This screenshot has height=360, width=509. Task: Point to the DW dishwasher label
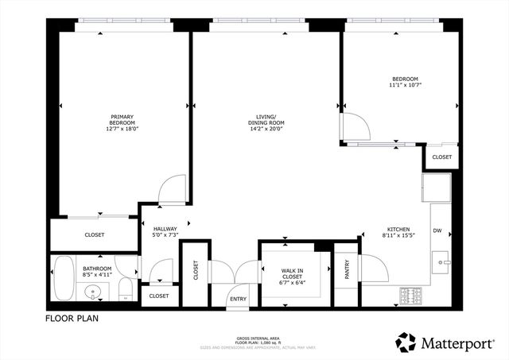click(437, 230)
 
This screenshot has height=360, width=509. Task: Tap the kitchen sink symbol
click(443, 261)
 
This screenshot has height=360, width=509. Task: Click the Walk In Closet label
click(292, 275)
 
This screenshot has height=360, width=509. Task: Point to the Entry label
click(238, 299)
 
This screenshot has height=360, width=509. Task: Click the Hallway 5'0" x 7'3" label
click(165, 232)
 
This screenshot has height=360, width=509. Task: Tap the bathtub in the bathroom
click(63, 279)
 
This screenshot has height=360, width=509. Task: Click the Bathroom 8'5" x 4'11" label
click(97, 272)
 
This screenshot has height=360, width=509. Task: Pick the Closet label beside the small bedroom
click(442, 157)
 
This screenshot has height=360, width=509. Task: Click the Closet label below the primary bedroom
click(94, 234)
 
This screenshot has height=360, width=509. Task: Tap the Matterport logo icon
click(406, 342)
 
